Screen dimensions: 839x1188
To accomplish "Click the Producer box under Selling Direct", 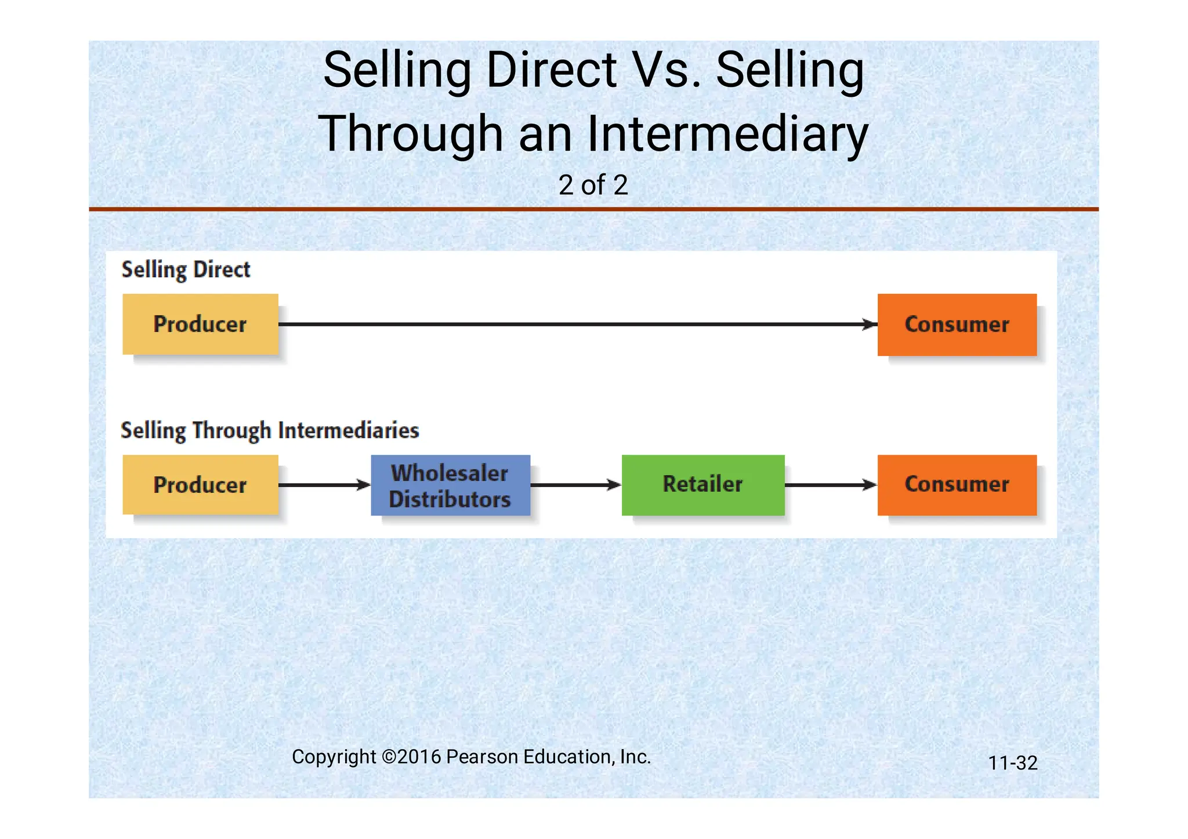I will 200,324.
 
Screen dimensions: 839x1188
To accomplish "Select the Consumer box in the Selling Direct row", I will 957,325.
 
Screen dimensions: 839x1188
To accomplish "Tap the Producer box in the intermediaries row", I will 200,485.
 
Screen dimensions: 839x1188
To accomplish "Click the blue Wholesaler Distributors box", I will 450,485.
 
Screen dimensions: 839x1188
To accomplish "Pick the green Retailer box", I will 702,485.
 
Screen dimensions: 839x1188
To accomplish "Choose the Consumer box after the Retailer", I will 957,485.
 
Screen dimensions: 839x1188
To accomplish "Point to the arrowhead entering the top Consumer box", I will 870,325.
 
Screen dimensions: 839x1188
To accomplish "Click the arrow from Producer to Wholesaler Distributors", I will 324,485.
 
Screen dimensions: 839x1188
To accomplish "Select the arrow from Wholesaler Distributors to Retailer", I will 575,485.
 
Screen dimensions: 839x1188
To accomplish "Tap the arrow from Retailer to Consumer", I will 831,485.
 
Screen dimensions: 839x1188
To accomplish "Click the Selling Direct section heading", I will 186,270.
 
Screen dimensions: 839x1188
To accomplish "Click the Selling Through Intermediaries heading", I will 270,431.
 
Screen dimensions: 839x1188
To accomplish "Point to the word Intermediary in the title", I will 727,134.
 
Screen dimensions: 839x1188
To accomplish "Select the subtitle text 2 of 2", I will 593,185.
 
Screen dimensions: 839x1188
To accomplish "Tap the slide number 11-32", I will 1012,763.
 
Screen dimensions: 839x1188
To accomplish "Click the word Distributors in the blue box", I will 450,500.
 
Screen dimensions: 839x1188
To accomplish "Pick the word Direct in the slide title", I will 552,70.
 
